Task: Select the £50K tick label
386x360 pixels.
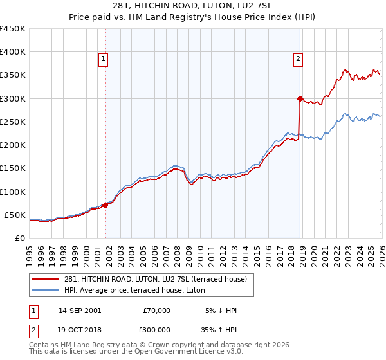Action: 15,215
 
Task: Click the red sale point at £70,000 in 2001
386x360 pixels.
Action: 105,206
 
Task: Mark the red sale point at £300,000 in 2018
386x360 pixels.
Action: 300,98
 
